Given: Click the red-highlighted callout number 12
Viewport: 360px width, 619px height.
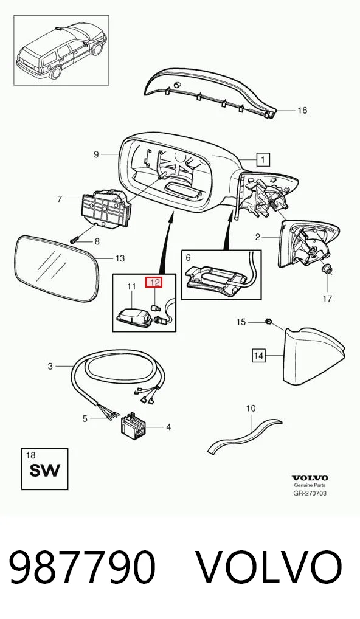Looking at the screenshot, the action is click(x=154, y=282).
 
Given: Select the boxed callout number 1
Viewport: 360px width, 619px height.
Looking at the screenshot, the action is click(x=263, y=159).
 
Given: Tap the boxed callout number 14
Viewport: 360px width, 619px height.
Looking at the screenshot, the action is click(x=258, y=356).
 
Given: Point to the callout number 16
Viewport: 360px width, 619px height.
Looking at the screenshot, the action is click(x=302, y=111).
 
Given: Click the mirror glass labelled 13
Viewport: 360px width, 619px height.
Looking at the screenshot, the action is click(x=56, y=268).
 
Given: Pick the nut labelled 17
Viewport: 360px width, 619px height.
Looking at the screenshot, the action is click(x=327, y=269).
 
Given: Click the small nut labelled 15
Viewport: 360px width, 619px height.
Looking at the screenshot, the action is click(x=268, y=322).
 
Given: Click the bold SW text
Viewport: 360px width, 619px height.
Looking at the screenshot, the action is click(x=45, y=471).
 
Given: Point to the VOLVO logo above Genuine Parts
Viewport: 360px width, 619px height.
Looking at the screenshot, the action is click(x=310, y=478).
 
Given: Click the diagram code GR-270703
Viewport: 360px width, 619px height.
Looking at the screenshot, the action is click(x=310, y=493).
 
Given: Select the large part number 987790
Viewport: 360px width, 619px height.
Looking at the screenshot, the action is click(x=82, y=567).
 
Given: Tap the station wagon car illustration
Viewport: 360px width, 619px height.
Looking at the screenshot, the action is click(x=61, y=50).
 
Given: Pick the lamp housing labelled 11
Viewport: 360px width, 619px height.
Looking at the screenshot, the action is click(x=134, y=316).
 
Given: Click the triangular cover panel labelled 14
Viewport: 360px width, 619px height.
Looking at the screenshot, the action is click(x=313, y=356).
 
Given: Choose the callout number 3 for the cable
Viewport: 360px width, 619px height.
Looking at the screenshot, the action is click(x=50, y=366).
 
